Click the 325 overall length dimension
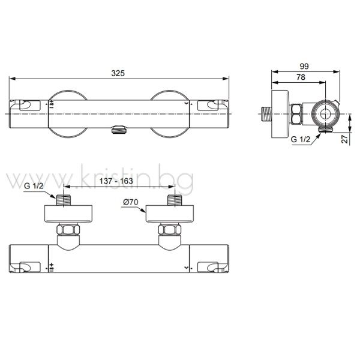tap(118, 73)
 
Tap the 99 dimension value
tap(304, 67)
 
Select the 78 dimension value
tap(301, 77)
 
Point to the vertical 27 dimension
tap(345, 139)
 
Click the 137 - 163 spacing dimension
tap(116, 181)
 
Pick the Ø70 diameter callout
tap(130, 202)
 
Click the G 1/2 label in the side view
tap(301, 139)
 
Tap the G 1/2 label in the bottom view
tap(34, 186)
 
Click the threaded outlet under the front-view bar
tap(119, 130)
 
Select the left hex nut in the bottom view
tap(68, 230)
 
